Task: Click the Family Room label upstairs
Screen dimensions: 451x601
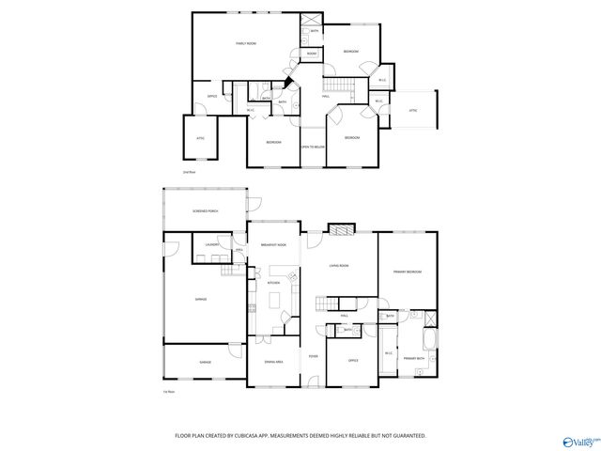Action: [246, 43]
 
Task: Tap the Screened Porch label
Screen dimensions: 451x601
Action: [206, 211]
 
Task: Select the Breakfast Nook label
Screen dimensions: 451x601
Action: [273, 244]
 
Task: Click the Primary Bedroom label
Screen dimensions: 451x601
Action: [407, 272]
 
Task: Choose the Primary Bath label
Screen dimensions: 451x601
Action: [415, 359]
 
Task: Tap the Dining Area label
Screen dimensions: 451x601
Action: [274, 361]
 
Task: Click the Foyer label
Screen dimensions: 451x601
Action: [313, 357]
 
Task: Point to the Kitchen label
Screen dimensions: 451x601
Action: [274, 282]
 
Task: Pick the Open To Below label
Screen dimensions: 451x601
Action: [313, 147]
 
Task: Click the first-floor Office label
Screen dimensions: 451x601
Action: [353, 360]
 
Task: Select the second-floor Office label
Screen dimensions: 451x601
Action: [212, 96]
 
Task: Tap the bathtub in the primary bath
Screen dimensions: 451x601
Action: [428, 338]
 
